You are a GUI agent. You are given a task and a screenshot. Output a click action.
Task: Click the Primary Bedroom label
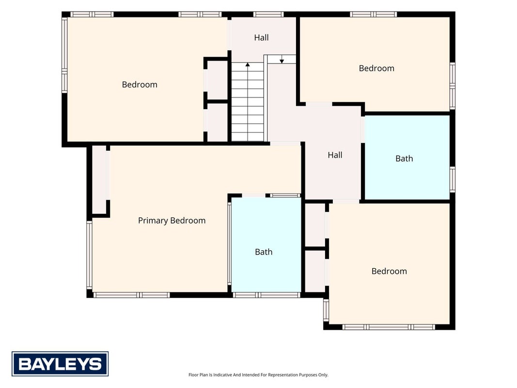click(172, 220)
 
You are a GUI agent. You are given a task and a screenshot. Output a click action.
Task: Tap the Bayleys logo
click(60, 364)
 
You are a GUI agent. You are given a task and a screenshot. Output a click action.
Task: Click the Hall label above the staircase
click(261, 38)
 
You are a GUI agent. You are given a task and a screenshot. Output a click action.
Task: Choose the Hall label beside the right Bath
click(335, 155)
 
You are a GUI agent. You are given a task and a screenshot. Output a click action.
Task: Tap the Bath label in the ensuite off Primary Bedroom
click(264, 252)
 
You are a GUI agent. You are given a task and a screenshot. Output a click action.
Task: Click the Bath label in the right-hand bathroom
click(404, 159)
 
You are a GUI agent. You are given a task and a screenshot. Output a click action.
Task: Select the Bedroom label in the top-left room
click(140, 84)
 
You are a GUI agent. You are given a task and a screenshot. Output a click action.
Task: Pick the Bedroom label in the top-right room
click(376, 68)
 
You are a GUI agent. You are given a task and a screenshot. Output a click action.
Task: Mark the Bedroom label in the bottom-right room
click(389, 271)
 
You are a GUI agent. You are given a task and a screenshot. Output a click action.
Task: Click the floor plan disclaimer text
click(258, 375)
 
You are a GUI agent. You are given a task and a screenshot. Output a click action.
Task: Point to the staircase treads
click(247, 102)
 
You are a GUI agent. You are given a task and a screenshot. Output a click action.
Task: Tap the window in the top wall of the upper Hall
click(268, 14)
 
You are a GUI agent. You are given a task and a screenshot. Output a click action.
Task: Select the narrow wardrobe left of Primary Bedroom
click(99, 179)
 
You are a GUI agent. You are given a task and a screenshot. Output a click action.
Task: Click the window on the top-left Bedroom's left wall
click(64, 55)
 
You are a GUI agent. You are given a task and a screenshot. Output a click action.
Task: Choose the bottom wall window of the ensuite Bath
click(266, 295)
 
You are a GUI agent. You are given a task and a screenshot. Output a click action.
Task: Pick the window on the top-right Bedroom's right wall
click(453, 86)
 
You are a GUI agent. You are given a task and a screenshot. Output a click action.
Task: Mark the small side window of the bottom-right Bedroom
click(326, 310)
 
